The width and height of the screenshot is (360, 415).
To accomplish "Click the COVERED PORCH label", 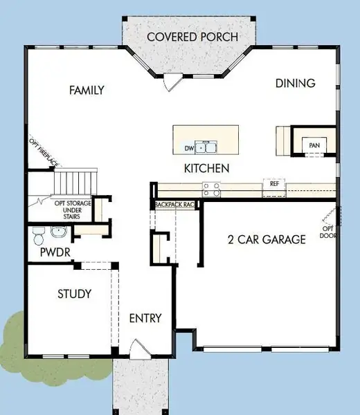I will [192, 36].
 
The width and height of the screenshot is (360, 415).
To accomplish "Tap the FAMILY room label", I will [87, 90].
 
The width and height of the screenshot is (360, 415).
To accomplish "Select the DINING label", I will [295, 83].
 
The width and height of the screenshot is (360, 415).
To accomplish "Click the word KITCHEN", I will [206, 168].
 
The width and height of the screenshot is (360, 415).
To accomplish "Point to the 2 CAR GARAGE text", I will [267, 240].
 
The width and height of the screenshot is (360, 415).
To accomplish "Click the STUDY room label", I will [74, 294].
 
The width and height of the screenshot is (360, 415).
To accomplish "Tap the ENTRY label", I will [145, 318].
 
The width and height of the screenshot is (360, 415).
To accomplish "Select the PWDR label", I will [55, 253].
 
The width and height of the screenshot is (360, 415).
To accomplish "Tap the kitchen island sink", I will [205, 147].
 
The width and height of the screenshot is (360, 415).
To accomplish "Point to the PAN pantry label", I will [314, 145].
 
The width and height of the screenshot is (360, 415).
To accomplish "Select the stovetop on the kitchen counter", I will [210, 185].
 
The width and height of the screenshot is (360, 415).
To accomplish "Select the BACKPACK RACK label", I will [177, 205].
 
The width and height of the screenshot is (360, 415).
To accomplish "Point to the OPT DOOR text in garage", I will [327, 232].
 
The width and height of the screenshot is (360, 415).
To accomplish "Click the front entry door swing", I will [138, 348].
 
